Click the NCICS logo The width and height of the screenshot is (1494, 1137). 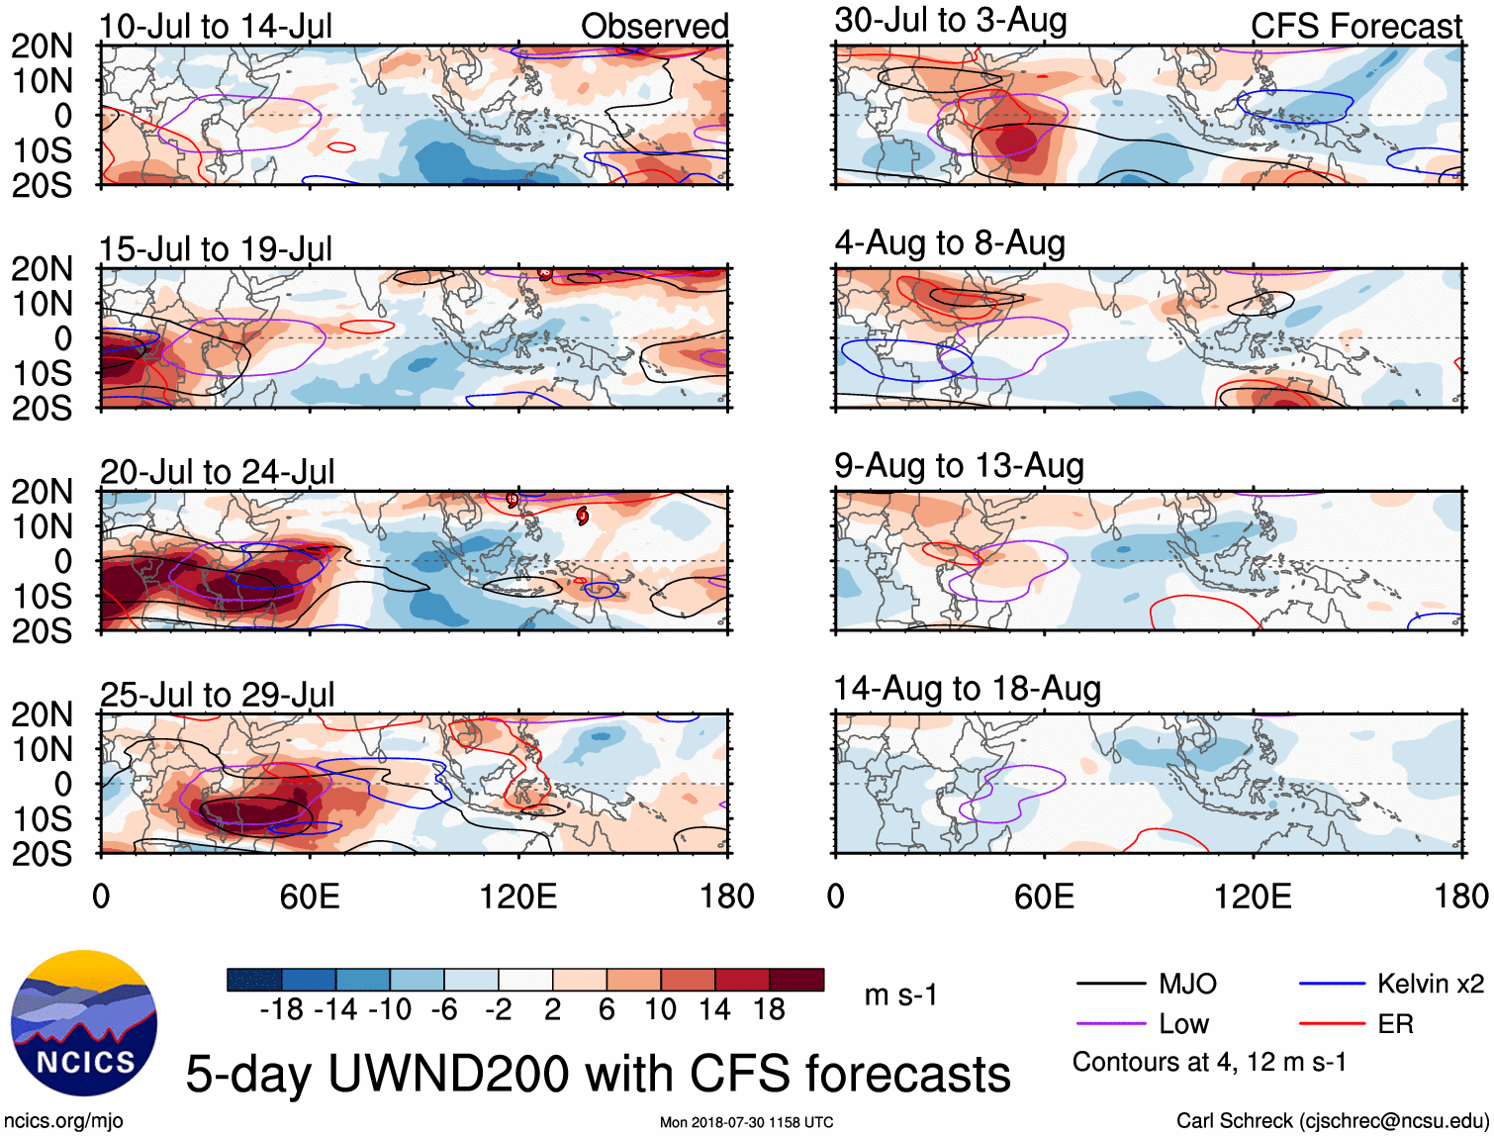pos(84,1023)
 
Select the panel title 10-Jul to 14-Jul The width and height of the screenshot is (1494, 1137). pos(216,27)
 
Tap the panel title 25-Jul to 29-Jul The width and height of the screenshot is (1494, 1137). pos(217,695)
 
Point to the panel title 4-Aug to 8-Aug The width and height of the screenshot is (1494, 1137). pos(950,243)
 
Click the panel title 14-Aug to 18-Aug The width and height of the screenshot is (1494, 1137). pos(967,689)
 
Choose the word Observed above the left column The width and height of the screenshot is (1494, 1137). pos(654,27)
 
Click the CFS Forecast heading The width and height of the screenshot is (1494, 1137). pos(1355,27)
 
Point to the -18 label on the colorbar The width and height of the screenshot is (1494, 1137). pos(281,1009)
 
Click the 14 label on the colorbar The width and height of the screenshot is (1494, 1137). pos(714,1009)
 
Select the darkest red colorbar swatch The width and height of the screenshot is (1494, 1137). pos(796,980)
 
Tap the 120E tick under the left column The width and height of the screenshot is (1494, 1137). pos(517,897)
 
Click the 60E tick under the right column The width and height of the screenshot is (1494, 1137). pos(1044,897)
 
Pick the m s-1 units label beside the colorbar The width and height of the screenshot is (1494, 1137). pos(900,995)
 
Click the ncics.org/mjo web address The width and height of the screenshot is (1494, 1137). pos(63,1121)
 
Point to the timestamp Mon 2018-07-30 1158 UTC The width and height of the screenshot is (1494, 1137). pos(746,1122)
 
